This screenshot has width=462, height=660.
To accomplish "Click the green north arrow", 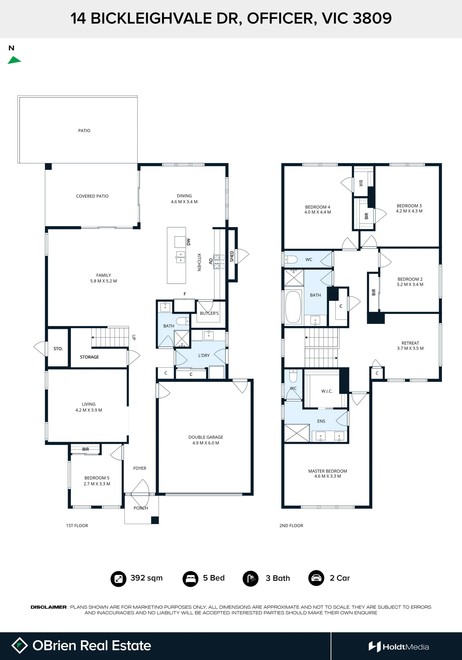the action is [x=14, y=60].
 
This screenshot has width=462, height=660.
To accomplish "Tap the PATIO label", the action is [x=84, y=131].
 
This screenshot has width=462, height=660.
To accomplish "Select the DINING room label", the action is [x=184, y=196].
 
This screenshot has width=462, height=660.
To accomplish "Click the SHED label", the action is [x=232, y=256].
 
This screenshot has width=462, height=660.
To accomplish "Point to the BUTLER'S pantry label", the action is [x=209, y=313].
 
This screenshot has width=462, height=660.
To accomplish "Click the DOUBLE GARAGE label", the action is [x=206, y=437].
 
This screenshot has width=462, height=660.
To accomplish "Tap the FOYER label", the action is [x=140, y=468].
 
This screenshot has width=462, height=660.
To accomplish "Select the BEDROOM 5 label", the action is [x=97, y=478].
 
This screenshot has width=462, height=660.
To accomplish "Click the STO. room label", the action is [x=58, y=348].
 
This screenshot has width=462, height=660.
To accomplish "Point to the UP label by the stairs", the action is [x=134, y=337].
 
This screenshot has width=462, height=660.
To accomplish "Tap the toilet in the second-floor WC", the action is [x=291, y=259].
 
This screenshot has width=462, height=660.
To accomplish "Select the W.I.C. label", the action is [x=327, y=391].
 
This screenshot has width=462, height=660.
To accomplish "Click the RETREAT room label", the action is [x=410, y=343].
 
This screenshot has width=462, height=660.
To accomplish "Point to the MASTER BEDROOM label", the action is [x=328, y=471].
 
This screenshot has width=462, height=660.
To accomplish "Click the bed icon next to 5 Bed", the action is [x=190, y=579].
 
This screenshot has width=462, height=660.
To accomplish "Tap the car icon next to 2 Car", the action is [x=316, y=578].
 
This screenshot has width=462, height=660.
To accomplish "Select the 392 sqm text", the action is [x=147, y=578].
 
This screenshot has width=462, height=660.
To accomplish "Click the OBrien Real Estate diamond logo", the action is [x=19, y=645].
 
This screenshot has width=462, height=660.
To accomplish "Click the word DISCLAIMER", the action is [x=49, y=607].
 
